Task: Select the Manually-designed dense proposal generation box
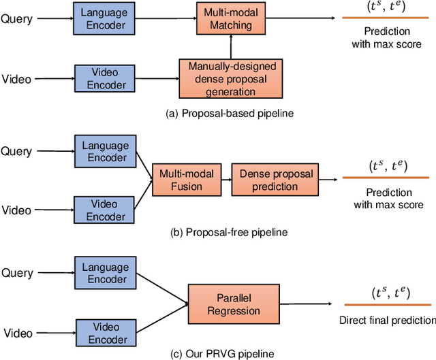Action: (x=230, y=79)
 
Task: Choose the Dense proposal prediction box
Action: (x=277, y=180)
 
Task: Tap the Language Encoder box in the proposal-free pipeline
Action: (x=106, y=152)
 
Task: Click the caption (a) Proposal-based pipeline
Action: (x=230, y=113)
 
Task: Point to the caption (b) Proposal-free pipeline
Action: (x=229, y=232)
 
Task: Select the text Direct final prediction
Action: (x=387, y=320)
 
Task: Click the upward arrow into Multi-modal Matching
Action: (x=232, y=47)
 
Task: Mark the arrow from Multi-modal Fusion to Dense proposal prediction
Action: (x=225, y=180)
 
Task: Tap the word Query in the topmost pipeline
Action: (x=16, y=19)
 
